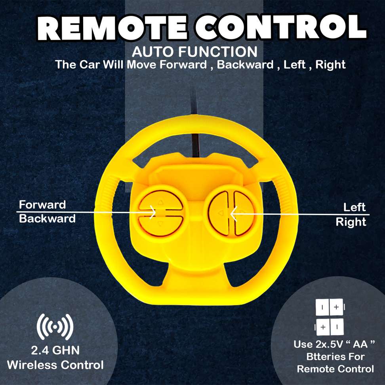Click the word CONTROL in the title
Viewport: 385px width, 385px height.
point(281,27)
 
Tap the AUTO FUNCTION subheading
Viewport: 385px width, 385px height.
point(194,52)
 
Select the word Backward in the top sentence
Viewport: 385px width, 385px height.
point(245,65)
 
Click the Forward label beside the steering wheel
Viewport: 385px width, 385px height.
point(42,204)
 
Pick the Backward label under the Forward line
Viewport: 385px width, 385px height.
point(47,219)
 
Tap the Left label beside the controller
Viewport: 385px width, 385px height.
point(355,207)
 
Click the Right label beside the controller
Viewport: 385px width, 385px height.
point(351,222)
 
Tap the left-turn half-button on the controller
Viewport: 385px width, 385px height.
point(219,213)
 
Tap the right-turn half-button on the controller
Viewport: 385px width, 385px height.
point(244,213)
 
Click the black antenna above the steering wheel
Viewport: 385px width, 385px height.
point(195,123)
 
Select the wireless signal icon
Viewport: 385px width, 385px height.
point(55,327)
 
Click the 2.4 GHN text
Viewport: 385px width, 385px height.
point(55,350)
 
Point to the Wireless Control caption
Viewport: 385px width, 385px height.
point(55,365)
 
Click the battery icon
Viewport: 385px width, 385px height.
point(330,317)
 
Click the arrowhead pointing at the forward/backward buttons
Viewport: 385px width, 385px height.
point(152,212)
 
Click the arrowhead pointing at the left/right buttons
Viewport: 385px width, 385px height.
point(234,214)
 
